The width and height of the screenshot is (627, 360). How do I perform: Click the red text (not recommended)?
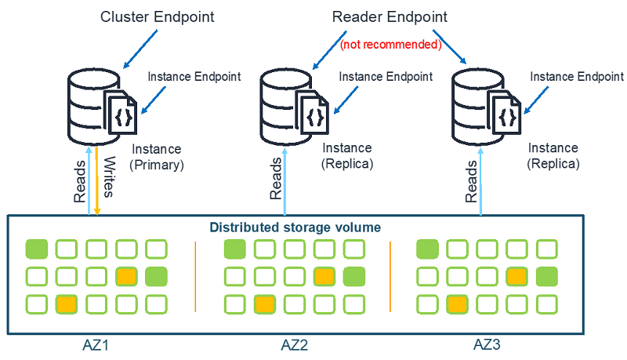[390, 45]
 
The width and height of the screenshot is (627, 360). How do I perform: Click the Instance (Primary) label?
[157, 157]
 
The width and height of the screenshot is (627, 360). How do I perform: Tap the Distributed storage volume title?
[295, 227]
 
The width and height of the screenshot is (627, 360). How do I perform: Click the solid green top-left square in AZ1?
[37, 250]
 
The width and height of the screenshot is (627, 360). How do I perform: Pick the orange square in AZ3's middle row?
[515, 276]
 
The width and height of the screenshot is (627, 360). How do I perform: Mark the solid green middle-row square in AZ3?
[546, 276]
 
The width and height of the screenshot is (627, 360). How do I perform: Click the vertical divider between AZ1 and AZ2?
[195, 276]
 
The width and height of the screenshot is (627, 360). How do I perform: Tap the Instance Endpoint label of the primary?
[194, 76]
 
